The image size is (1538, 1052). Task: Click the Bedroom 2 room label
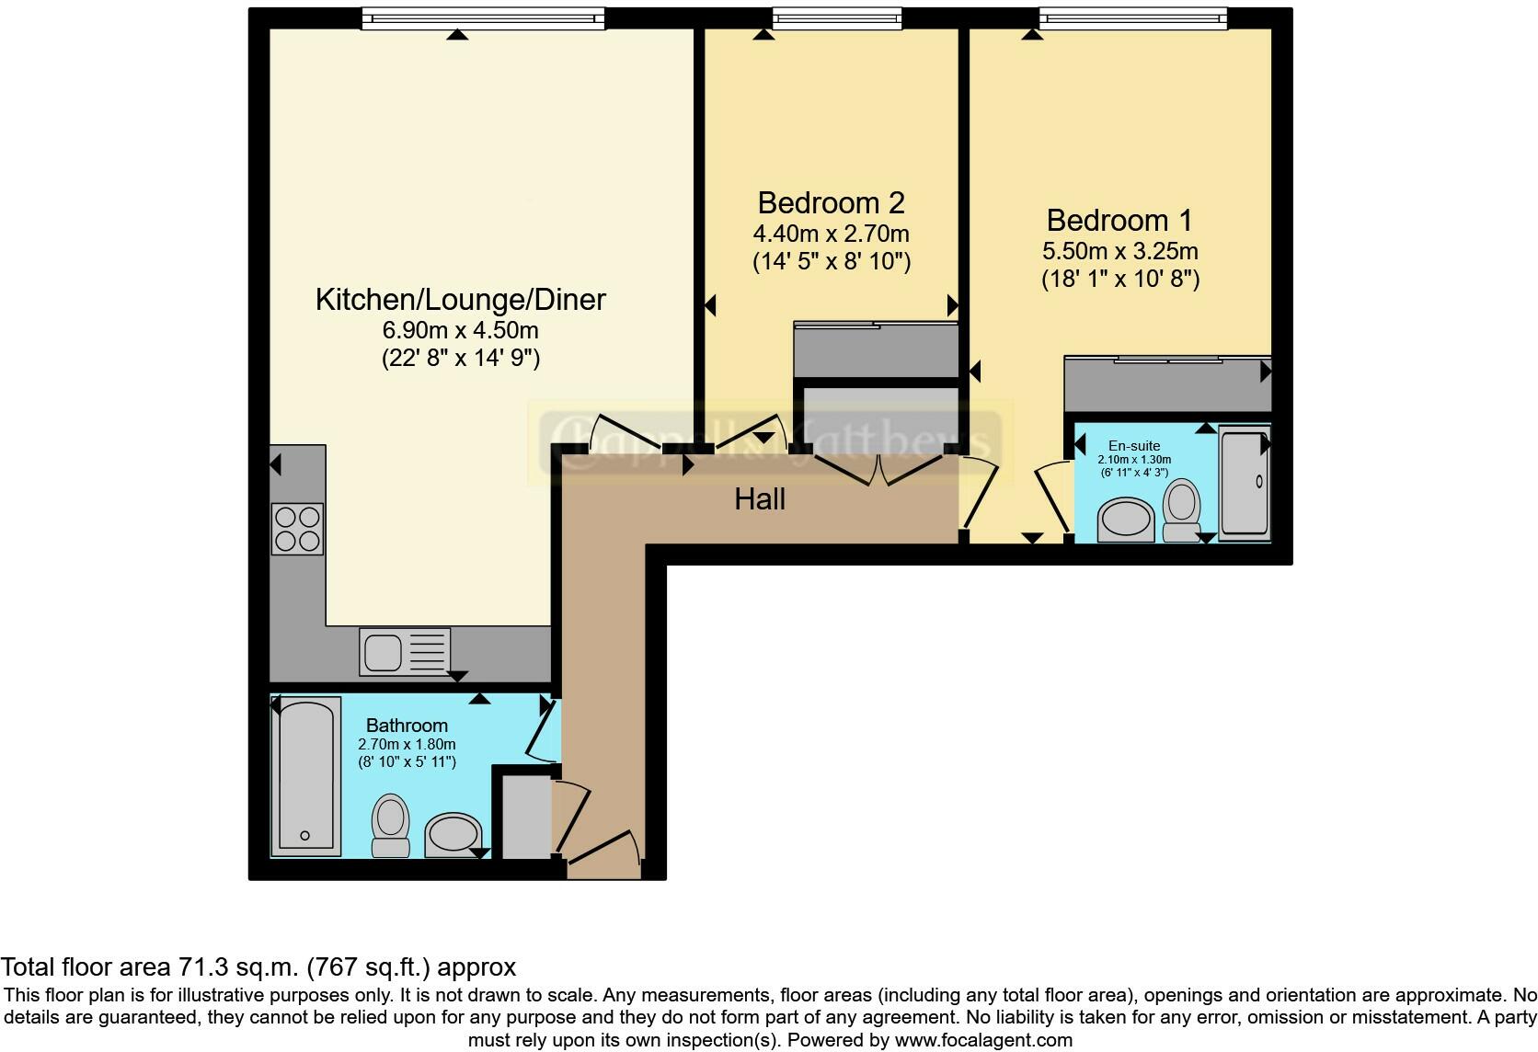tap(831, 203)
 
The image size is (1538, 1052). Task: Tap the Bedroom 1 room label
tap(1119, 221)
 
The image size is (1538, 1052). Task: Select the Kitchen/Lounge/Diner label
tap(461, 300)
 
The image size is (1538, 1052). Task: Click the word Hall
tap(760, 499)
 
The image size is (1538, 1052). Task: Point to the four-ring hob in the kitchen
tap(297, 529)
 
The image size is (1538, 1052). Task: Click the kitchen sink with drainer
tap(406, 652)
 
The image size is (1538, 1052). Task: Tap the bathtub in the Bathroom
tap(304, 776)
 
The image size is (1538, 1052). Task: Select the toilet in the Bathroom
tap(391, 824)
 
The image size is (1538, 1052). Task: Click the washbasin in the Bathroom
tap(453, 835)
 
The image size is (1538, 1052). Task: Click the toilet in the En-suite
tap(1181, 512)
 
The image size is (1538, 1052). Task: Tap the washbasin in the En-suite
tap(1126, 520)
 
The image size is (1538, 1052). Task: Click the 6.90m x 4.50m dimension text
tap(461, 330)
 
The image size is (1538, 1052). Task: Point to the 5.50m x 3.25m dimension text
tap(1119, 251)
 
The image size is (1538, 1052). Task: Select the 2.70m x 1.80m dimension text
tap(407, 745)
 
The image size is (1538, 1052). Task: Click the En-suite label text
tap(1134, 446)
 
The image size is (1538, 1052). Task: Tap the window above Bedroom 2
tap(836, 17)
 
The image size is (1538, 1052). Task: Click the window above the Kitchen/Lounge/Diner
tap(483, 17)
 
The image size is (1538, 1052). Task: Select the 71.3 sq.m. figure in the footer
tap(240, 967)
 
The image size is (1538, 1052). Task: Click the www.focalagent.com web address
tap(982, 1040)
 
